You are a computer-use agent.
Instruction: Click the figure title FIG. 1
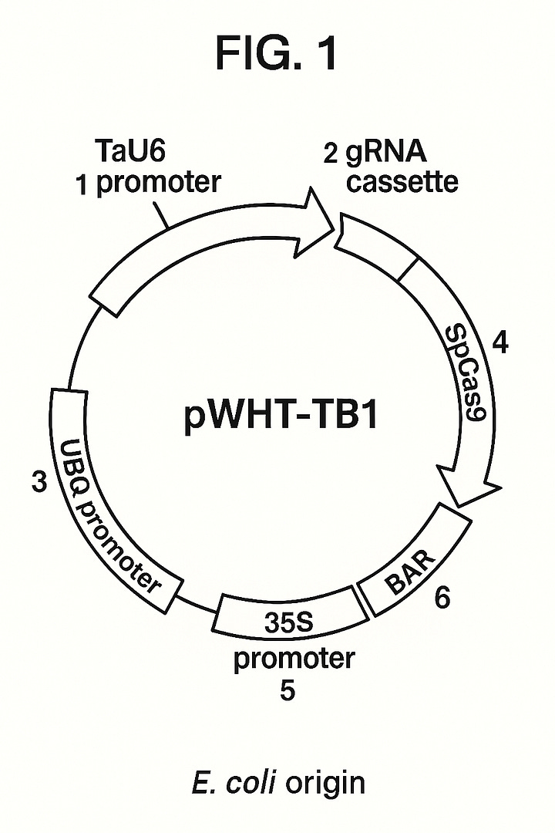coord(277,56)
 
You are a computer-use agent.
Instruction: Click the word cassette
coord(402,183)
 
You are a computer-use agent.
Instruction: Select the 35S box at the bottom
coord(288,621)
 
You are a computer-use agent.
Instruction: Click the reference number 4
coord(500,342)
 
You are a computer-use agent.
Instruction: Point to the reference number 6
coord(442,599)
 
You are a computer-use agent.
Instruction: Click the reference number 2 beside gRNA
coord(331,154)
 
